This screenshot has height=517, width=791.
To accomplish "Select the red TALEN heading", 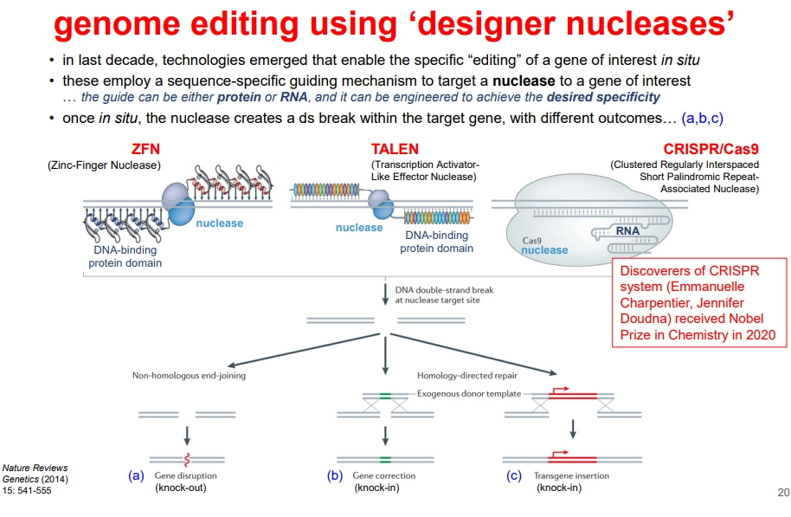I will pos(394,151).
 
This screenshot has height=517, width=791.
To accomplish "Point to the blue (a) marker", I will pos(136,475).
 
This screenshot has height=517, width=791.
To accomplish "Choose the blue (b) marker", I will pos(335,475).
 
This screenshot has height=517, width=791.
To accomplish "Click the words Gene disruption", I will pos(186,476).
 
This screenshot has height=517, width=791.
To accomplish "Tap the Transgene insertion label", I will pos(572,476).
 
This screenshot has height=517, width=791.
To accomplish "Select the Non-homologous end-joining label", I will pos(189,376).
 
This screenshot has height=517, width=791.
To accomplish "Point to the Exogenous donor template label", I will pos(470,394).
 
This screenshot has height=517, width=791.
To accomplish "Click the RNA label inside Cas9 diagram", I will pos(628,231).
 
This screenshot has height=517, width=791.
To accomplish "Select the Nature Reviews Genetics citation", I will pos(35,478).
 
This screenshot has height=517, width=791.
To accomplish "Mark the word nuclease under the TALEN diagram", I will pos(358,228).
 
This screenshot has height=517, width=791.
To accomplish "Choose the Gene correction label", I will pos(385,476).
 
